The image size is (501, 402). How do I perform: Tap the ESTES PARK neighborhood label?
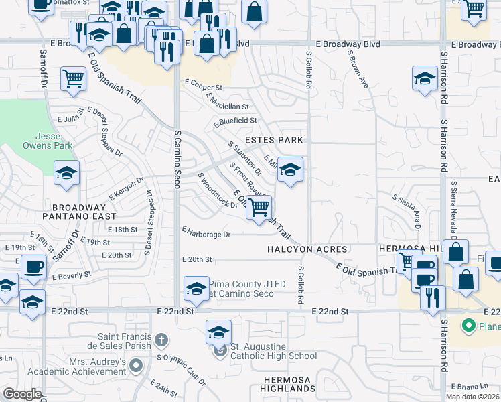[x=274, y=140]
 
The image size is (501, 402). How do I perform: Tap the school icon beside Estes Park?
[x=289, y=170]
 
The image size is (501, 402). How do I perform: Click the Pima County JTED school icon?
[x=196, y=289]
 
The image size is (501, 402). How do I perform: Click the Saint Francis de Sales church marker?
[x=160, y=340]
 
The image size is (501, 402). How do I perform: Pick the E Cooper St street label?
[x=202, y=88]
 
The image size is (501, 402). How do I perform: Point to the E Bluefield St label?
[x=235, y=121]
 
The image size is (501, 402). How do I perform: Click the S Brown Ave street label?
[x=358, y=70]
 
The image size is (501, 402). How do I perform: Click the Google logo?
[x=22, y=394]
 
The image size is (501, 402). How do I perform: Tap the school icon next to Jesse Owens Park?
[x=67, y=174]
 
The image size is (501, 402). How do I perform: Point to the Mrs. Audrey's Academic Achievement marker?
[x=136, y=366]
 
